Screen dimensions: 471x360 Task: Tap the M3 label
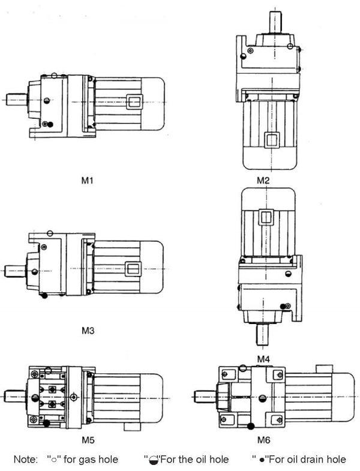(88, 330)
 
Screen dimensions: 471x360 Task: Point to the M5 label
(88, 440)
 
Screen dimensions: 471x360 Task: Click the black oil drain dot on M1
(50, 124)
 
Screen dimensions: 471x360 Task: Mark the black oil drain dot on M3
(44, 295)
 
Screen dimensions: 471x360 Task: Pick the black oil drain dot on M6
(250, 427)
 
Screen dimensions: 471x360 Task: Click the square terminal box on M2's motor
(272, 142)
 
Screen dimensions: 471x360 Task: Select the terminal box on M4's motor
(266, 217)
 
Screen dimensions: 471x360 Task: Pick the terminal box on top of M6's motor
(324, 367)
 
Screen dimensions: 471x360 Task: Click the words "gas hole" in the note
(98, 460)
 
